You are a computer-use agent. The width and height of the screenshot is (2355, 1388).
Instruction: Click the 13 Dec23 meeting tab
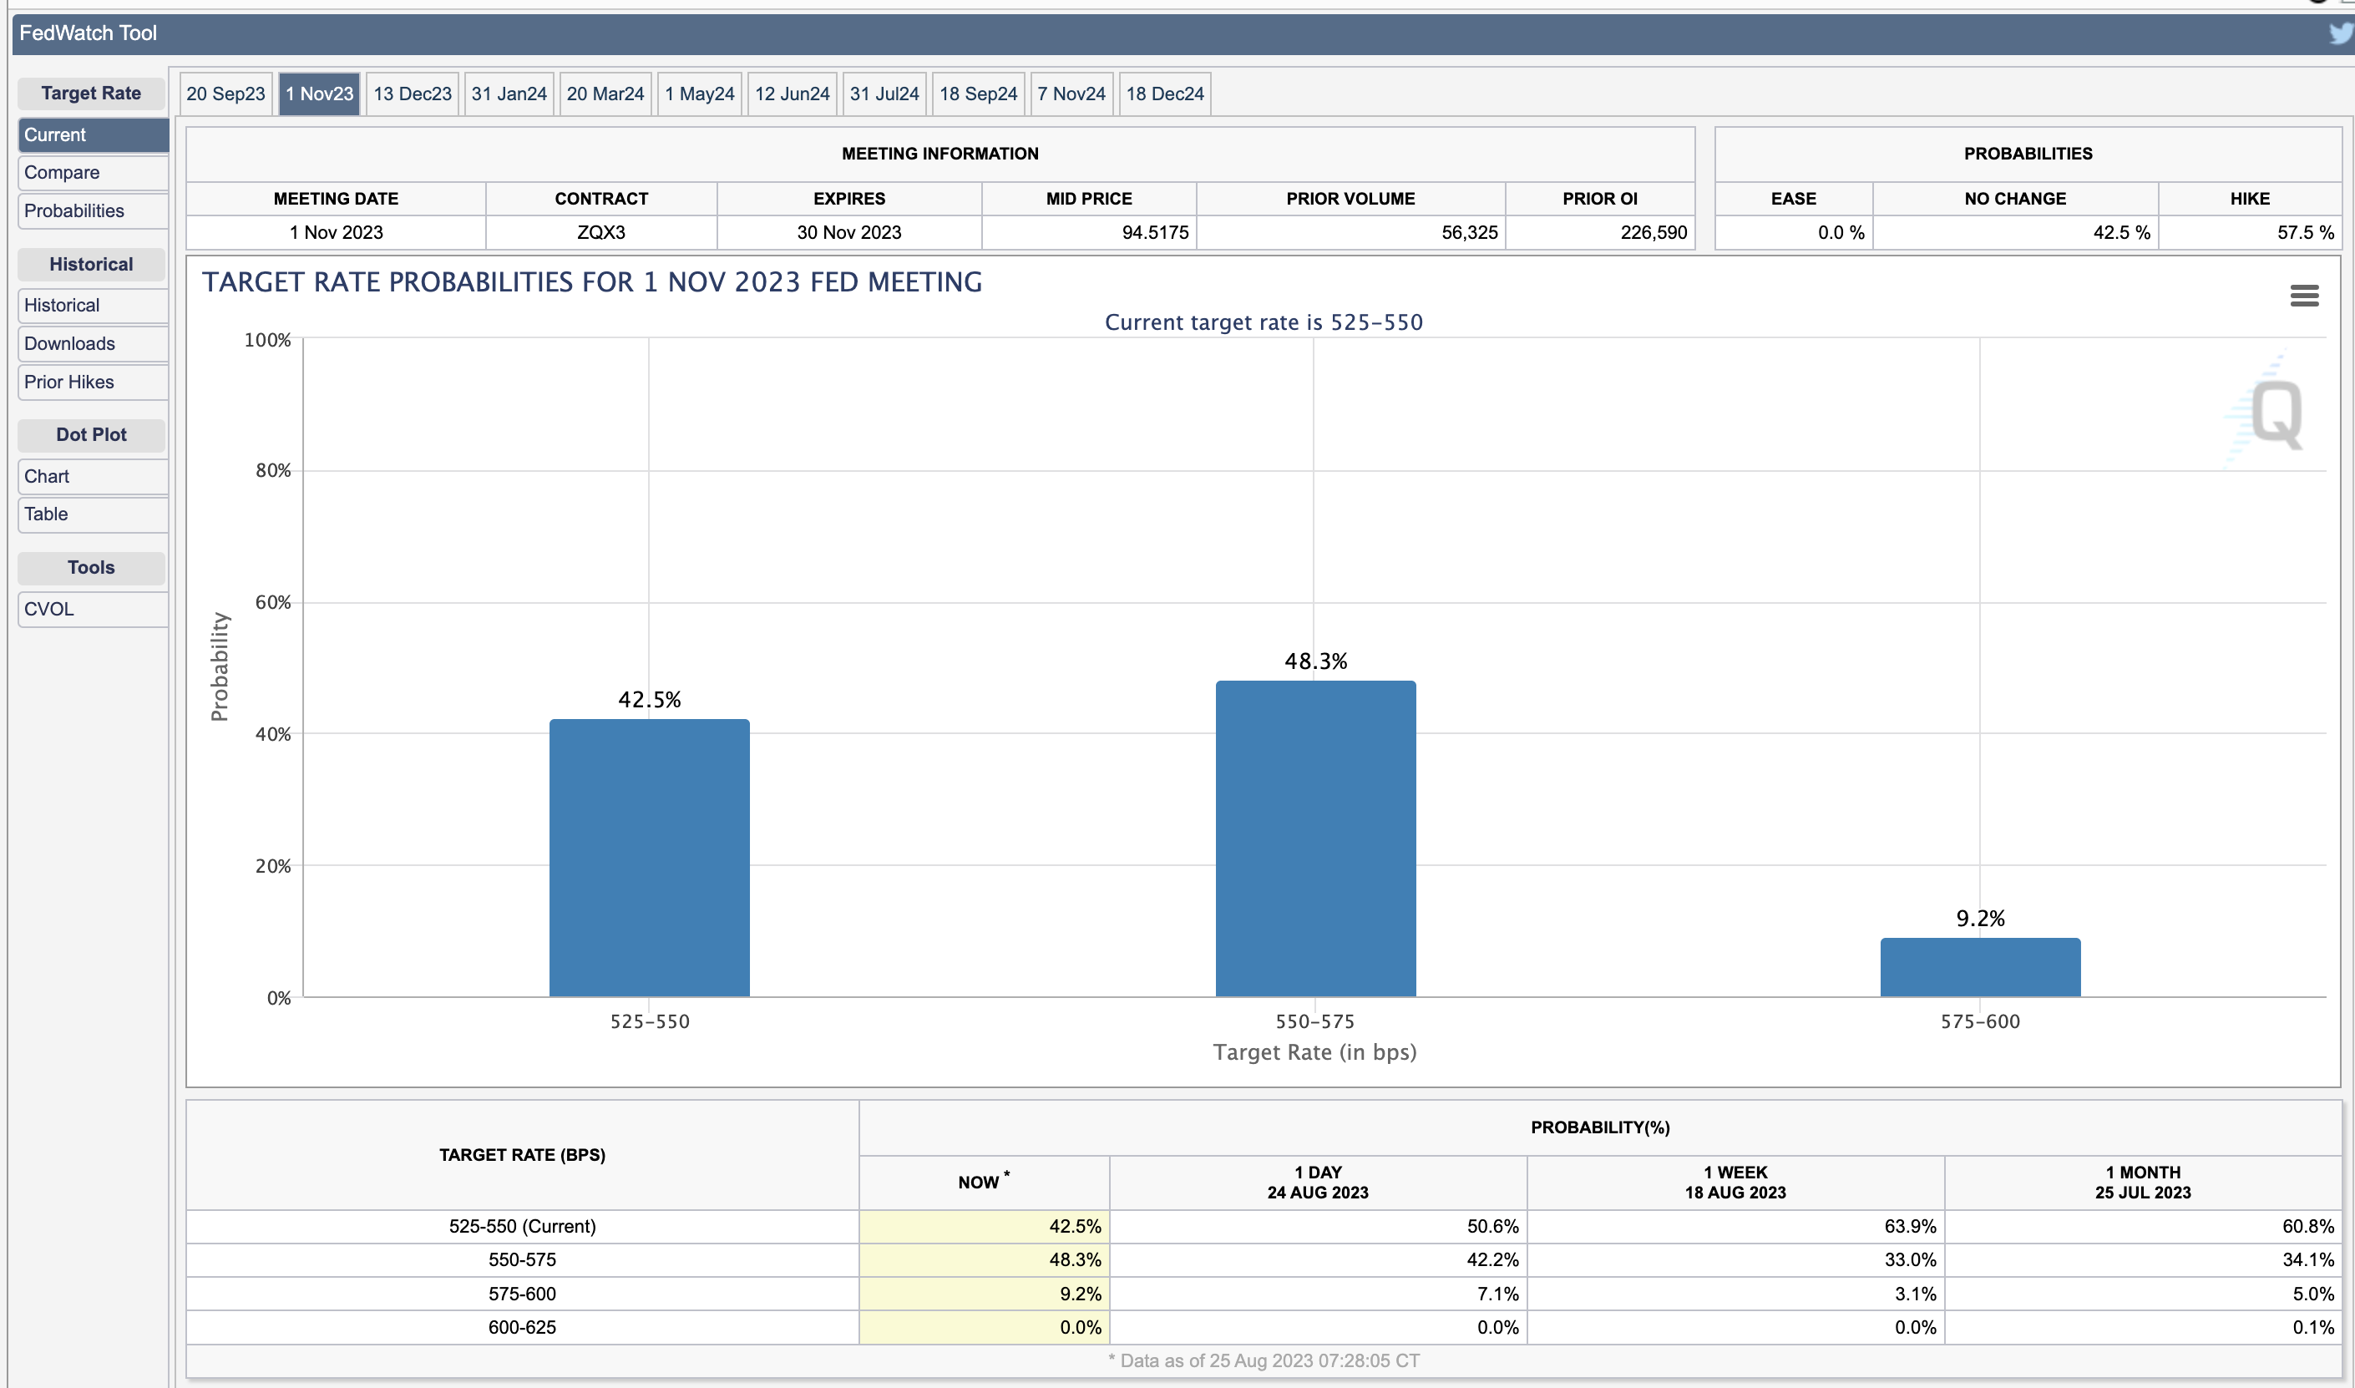click(413, 94)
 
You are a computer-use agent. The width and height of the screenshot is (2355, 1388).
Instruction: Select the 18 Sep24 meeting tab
click(977, 94)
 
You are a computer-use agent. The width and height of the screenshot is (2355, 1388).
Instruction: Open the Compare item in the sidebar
click(93, 173)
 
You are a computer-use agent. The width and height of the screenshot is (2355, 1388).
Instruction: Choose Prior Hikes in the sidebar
click(93, 382)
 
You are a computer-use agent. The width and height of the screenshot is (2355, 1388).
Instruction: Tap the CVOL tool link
click(93, 610)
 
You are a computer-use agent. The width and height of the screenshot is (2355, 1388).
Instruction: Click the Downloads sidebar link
click(93, 344)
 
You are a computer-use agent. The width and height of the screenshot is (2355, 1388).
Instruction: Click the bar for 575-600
click(1980, 968)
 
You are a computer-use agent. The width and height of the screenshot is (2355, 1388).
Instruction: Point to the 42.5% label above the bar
click(649, 700)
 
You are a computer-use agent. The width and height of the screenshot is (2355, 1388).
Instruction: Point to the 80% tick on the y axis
click(273, 470)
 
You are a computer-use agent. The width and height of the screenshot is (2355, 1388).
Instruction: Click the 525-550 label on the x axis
click(649, 1021)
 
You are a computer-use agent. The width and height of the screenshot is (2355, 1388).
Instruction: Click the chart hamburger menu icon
click(2303, 296)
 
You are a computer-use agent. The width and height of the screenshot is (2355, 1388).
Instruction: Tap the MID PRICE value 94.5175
click(1155, 233)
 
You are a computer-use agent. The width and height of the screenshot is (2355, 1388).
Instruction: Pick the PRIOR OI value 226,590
click(1654, 233)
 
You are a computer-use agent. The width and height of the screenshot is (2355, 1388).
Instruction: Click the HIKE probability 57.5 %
click(2306, 233)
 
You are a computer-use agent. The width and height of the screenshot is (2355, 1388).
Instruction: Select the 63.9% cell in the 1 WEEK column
click(1910, 1226)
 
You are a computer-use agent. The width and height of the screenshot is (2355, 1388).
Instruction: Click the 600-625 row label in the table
click(522, 1327)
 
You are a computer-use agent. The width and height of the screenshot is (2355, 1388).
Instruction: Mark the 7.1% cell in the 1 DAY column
click(1497, 1294)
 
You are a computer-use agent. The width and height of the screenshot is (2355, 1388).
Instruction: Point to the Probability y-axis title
click(220, 667)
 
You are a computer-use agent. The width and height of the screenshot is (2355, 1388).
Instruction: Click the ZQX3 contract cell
click(600, 233)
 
